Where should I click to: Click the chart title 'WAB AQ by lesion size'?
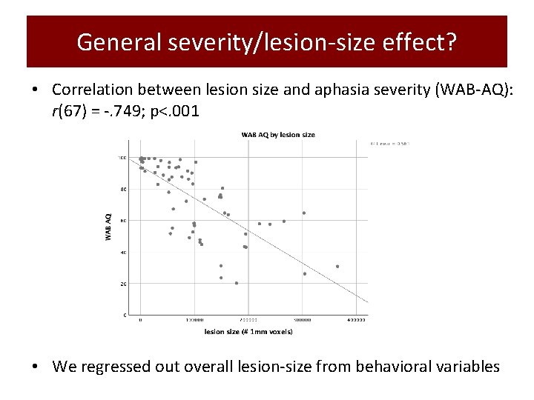277,135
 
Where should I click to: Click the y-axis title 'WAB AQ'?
109,227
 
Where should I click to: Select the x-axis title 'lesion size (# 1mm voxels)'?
248,331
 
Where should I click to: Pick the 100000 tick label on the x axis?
194,320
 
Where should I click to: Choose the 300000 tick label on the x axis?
302,320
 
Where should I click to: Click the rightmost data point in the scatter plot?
337,267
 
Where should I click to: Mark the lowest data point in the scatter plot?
237,283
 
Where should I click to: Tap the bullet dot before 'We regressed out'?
36,367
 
